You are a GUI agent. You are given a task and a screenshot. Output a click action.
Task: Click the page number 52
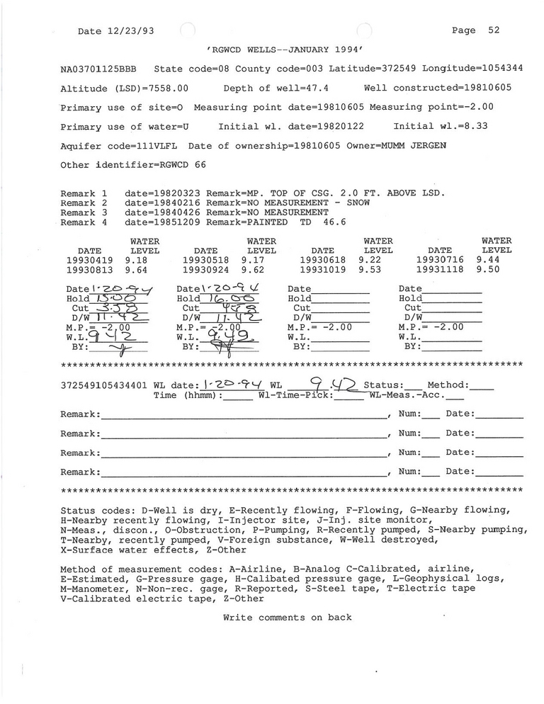pyautogui.click(x=494, y=30)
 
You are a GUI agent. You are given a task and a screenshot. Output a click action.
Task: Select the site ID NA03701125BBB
pyautogui.click(x=99, y=69)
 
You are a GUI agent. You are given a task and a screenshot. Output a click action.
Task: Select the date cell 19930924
pyautogui.click(x=205, y=270)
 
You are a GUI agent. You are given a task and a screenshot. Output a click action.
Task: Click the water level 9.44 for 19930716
pyautogui.click(x=487, y=260)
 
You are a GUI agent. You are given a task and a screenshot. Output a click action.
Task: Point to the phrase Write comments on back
pyautogui.click(x=287, y=618)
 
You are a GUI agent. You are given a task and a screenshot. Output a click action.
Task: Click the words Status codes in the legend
pyautogui.click(x=91, y=510)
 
